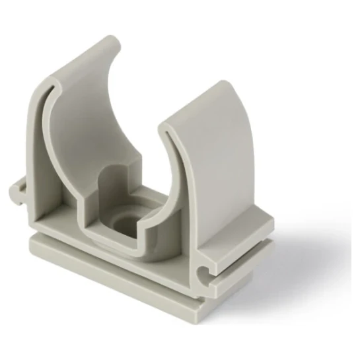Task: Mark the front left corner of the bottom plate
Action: (x=30, y=242)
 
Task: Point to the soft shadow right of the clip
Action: (x=291, y=264)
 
